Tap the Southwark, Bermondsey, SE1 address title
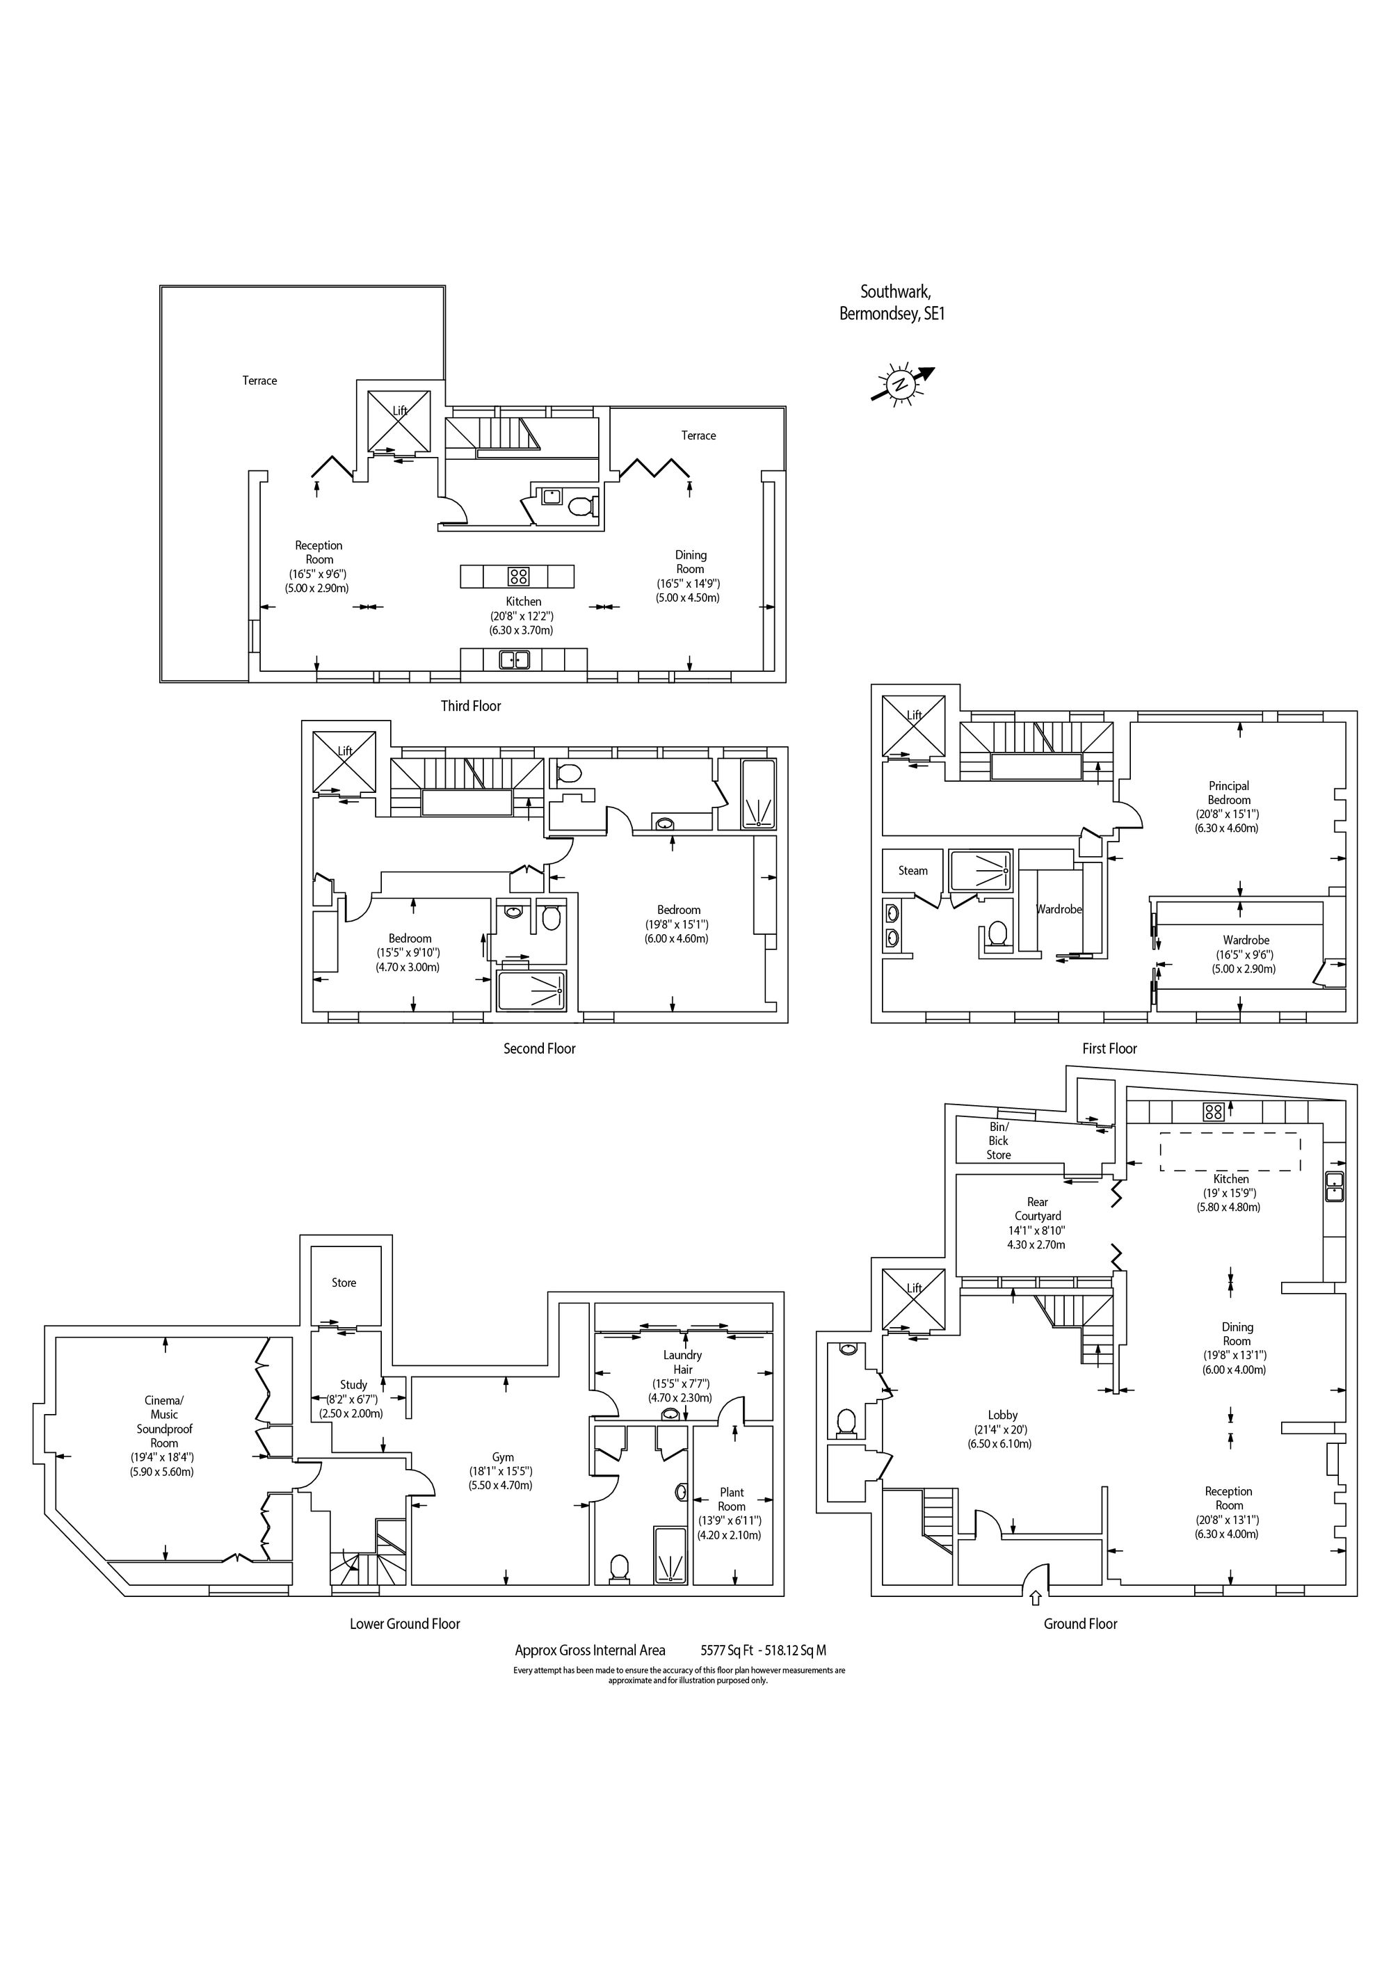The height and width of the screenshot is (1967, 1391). pos(892,303)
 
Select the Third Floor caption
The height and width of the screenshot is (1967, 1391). pos(470,706)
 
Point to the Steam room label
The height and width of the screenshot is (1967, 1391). pos(912,870)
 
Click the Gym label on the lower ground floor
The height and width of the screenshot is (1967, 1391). pos(503,1457)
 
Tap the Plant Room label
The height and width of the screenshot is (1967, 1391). pos(732,1499)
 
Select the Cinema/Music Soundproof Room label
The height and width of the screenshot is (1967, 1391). pos(163,1422)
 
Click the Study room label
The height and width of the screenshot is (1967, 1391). pos(353,1384)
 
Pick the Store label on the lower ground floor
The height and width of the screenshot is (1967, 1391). pos(344,1283)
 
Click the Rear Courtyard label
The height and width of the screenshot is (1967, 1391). pos(1037,1209)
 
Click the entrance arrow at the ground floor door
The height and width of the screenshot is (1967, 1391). pos(1036,1597)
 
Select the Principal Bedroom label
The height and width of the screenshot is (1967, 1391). pos(1228,792)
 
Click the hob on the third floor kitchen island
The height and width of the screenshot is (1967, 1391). pos(518,576)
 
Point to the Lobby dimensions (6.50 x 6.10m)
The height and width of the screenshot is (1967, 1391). pos(999,1443)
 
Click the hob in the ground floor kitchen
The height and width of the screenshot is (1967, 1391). pos(1213,1112)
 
